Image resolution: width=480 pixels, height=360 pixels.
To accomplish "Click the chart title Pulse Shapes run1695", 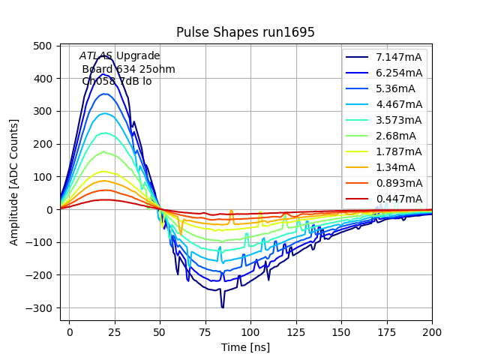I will [240, 32].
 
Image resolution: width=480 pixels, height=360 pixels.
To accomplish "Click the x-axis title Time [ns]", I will [245, 347].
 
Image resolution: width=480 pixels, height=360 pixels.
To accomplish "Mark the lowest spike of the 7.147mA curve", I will [223, 307].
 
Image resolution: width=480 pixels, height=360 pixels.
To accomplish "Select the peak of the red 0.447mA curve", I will [106, 199].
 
